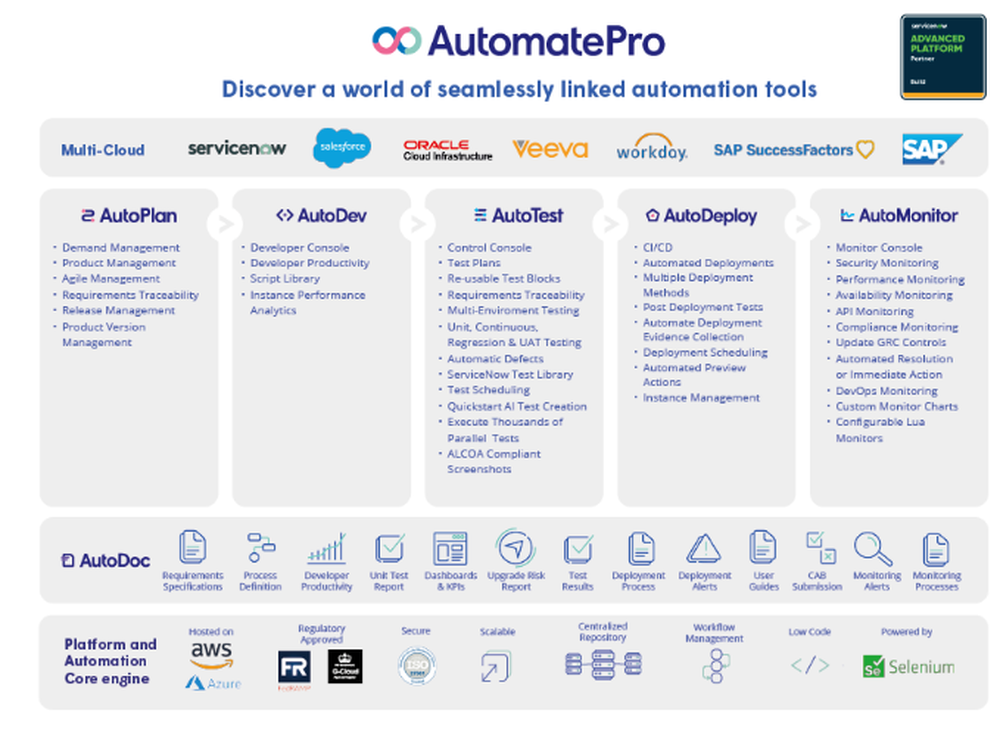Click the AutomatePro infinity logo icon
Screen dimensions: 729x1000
click(396, 41)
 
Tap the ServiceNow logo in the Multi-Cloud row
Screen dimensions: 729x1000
click(237, 148)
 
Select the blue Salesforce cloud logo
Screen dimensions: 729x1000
click(342, 148)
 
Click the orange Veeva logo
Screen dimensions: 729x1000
click(550, 149)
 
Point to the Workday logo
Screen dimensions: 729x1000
click(651, 149)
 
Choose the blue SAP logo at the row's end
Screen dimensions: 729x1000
click(931, 149)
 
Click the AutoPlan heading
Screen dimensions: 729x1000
click(129, 215)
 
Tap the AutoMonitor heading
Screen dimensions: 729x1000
click(898, 215)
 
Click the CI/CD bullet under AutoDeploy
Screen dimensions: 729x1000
click(657, 247)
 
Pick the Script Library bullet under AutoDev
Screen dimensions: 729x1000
click(284, 279)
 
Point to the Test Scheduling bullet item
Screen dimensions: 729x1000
click(488, 390)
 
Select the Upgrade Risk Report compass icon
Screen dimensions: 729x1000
click(515, 548)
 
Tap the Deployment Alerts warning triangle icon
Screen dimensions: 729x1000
click(704, 548)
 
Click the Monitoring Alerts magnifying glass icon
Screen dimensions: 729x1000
click(873, 548)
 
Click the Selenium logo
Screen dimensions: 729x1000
click(908, 666)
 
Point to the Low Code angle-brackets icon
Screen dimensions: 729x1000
click(809, 665)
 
